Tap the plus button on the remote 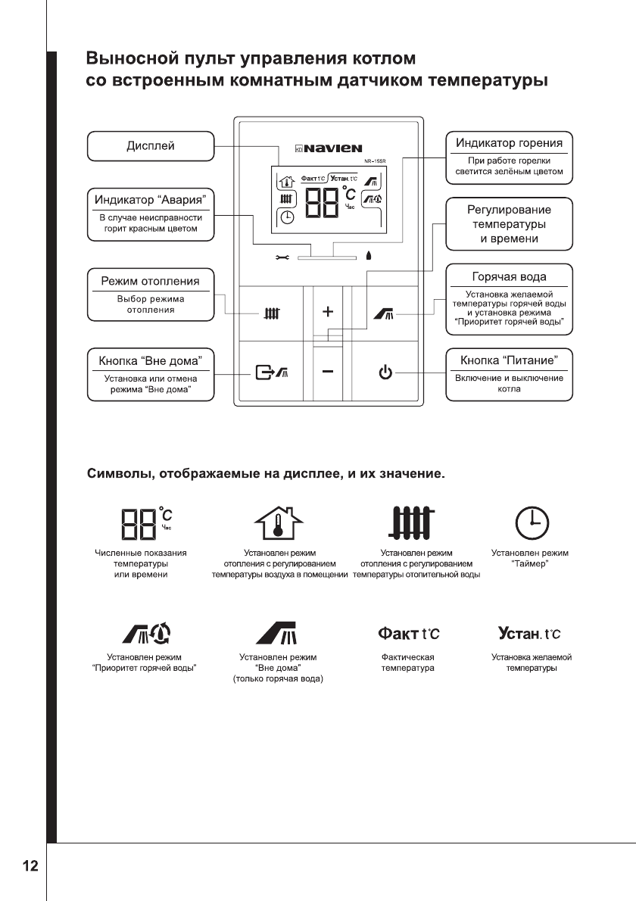tap(327, 311)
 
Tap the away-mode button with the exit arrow tap(270, 372)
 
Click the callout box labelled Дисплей tap(150, 145)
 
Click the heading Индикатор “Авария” tap(150, 200)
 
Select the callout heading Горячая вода tap(509, 276)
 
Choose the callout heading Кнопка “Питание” tap(509, 360)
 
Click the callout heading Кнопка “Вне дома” tap(150, 360)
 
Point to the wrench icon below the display tap(282, 257)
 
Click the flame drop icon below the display tap(369, 256)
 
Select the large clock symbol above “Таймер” tap(532, 522)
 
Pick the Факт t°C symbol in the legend tap(407, 631)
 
